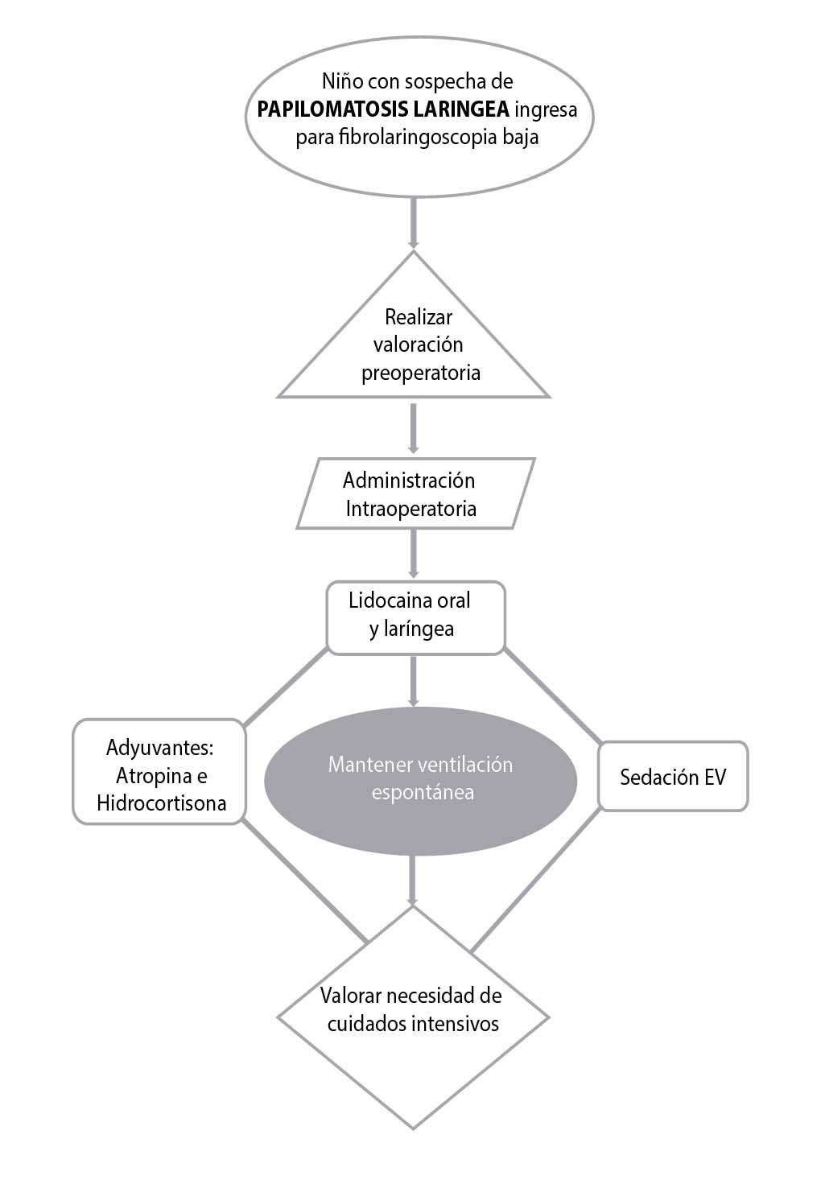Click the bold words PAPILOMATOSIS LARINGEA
click(383, 109)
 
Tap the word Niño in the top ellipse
click(338, 81)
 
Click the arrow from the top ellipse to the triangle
click(413, 221)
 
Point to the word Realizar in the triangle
click(419, 316)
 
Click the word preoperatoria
click(420, 373)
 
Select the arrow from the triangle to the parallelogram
click(413, 427)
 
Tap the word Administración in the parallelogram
click(409, 481)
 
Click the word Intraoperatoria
click(410, 509)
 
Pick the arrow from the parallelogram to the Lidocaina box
click(413, 554)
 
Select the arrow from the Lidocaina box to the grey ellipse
click(413, 680)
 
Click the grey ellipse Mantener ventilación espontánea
click(420, 779)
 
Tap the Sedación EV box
click(673, 777)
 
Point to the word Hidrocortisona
click(161, 803)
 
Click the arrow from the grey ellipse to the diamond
click(413, 880)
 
